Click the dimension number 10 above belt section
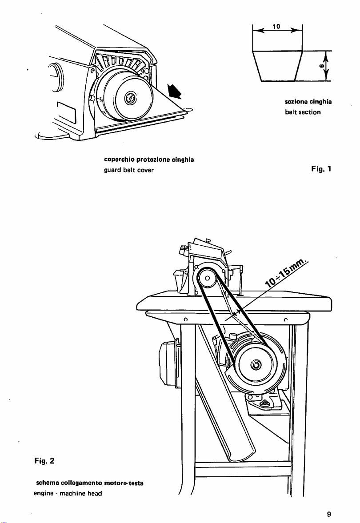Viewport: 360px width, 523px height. pos(276,27)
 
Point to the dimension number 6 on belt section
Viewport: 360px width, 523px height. pos(321,66)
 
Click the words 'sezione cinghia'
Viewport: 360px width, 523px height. pos(308,102)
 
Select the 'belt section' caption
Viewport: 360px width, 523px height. pos(303,112)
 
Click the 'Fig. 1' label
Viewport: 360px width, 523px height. pos(321,169)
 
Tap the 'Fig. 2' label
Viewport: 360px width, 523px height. pos(44,461)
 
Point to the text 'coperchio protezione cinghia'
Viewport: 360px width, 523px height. pos(149,160)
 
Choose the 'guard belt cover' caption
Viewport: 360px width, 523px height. pos(129,170)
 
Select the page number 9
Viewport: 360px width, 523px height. pos(329,514)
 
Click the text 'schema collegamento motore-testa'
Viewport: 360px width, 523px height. pos(90,483)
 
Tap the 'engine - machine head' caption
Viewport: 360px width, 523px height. pos(68,493)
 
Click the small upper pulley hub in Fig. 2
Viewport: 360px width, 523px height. pos(207,278)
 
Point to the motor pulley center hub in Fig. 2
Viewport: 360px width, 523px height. pos(256,364)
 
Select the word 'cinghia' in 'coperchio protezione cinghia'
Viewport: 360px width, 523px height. pos(183,160)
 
